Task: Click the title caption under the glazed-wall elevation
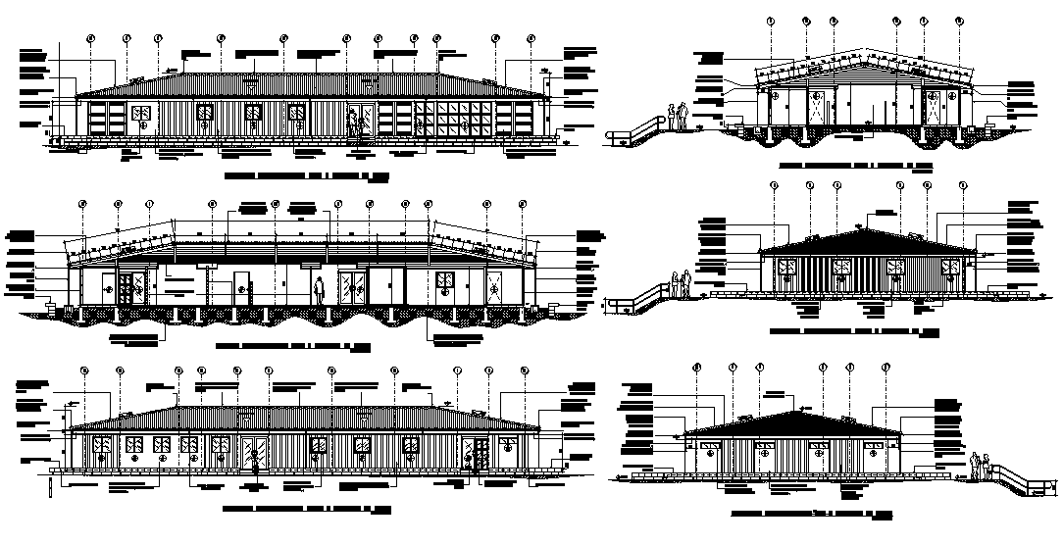pyautogui.click(x=307, y=177)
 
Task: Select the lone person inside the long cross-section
pyautogui.click(x=319, y=290)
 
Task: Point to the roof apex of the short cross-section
pyautogui.click(x=863, y=61)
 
